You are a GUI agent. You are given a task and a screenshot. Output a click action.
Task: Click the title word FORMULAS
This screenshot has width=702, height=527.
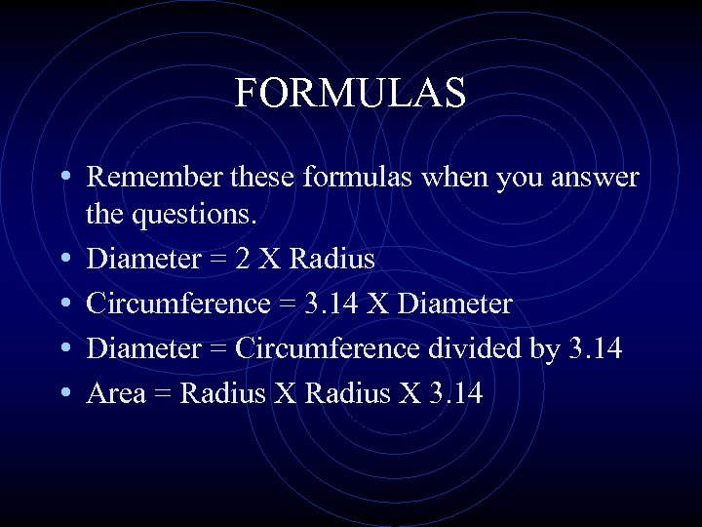(x=350, y=94)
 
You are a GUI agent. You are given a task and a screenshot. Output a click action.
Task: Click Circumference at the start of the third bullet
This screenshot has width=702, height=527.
(x=176, y=304)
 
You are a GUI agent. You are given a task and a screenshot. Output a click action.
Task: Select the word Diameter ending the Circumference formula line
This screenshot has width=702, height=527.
(x=455, y=304)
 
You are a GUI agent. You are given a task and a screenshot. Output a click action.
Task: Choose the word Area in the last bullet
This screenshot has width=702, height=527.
(x=116, y=393)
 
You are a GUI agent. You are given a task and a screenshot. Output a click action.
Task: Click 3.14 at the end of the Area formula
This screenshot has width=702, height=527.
(x=454, y=393)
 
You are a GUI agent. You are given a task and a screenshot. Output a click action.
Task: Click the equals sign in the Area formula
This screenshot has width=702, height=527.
(x=163, y=394)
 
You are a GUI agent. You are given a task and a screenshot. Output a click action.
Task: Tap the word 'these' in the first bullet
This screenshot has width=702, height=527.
(x=262, y=178)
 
